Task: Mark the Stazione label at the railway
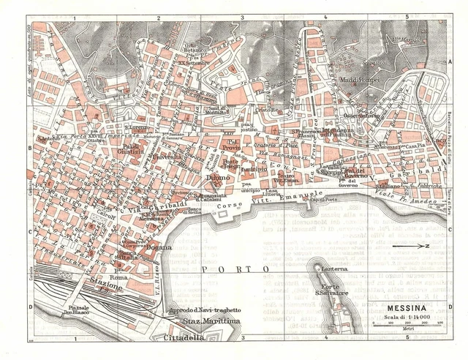tap(105, 288)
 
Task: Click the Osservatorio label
tap(362, 115)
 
